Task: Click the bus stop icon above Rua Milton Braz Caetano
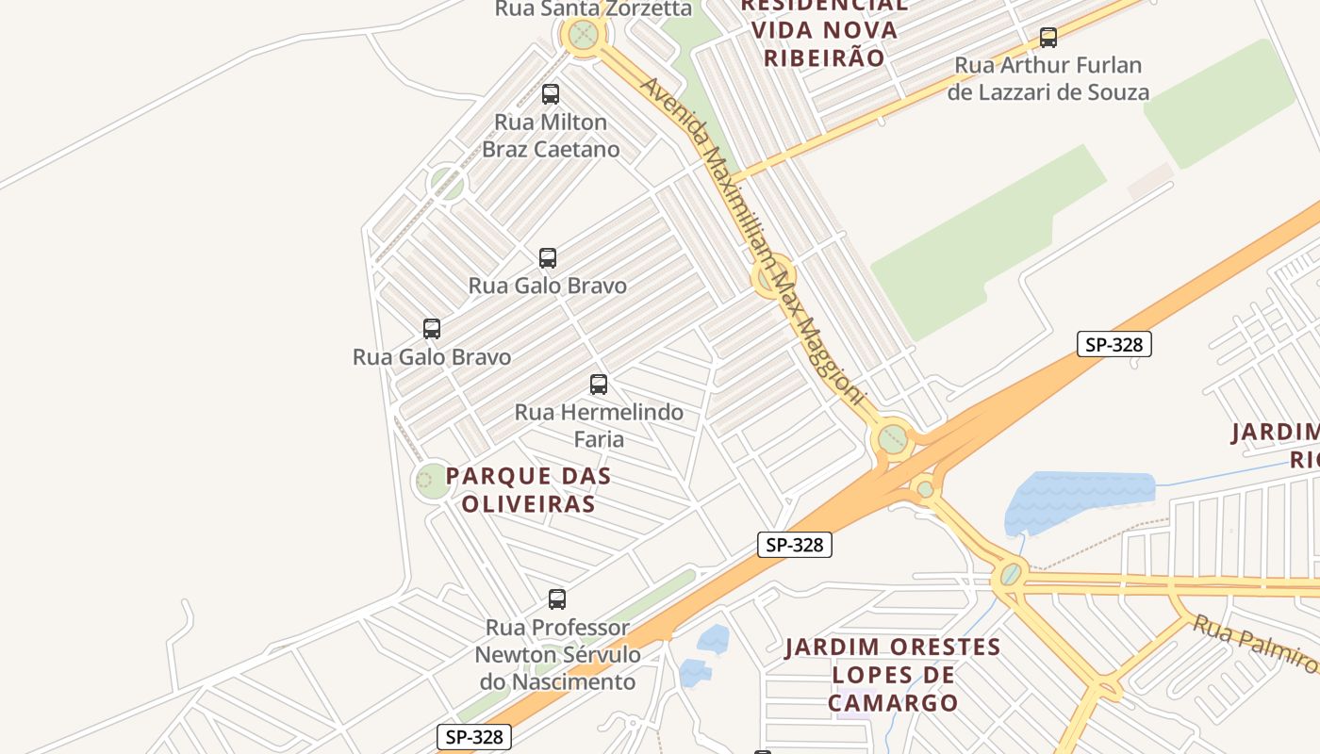point(551,94)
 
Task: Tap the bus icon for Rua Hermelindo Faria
point(599,385)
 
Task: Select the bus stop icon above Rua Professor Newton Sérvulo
point(557,599)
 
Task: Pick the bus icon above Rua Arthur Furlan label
point(1048,38)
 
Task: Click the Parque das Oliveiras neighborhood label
point(528,490)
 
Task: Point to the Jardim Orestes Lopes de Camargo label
point(893,675)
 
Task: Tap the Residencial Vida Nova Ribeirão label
point(825,31)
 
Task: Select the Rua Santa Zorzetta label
point(594,9)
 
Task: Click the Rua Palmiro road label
point(1254,644)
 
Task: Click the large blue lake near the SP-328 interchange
point(1080,498)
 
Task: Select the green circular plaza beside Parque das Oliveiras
point(432,481)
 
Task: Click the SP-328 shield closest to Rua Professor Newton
point(474,737)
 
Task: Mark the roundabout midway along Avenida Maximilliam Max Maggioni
point(771,278)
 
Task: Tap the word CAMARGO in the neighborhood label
point(893,703)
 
